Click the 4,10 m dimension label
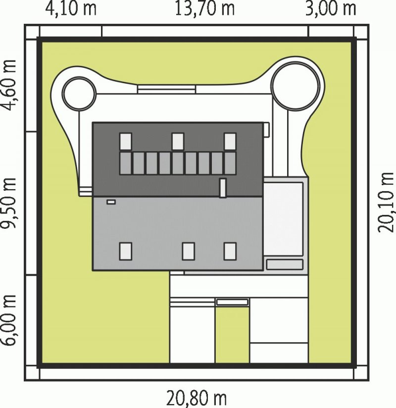(71, 8)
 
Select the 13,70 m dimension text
(204, 8)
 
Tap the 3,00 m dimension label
(331, 8)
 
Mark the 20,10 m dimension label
(385, 202)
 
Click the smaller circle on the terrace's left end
(79, 94)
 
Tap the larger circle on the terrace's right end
(296, 86)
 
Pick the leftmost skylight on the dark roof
(126, 142)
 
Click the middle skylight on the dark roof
(178, 142)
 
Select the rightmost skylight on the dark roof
(230, 142)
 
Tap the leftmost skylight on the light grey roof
(126, 252)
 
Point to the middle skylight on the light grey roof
(189, 252)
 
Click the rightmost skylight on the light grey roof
(230, 252)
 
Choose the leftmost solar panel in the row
(126, 163)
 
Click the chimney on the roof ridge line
(223, 188)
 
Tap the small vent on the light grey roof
(111, 202)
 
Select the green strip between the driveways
(232, 335)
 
